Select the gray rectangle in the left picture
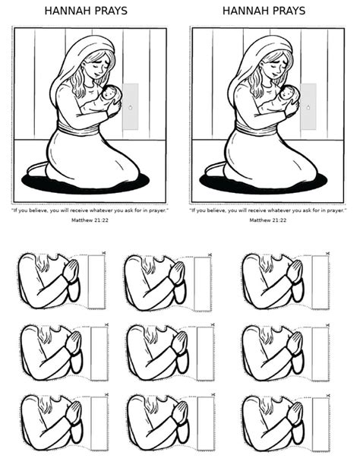pos(131,106)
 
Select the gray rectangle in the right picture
pos(308,106)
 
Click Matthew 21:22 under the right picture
pos(268,220)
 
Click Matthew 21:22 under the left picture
pos(90,220)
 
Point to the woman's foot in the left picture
pos(37,169)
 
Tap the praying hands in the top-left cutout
pos(71,271)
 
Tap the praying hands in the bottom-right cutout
pos(295,413)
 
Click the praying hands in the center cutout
pos(180,343)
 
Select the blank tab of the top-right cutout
pos(321,283)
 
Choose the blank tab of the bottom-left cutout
pos(99,424)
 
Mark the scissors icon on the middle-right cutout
pos(327,325)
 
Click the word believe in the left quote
pos(38,210)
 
